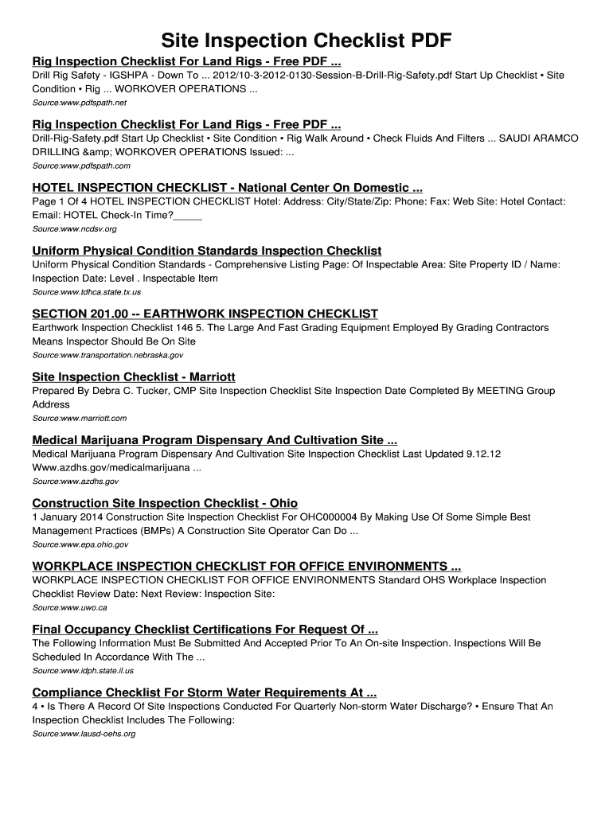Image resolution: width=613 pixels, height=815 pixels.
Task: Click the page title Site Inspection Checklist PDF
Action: pyautogui.click(x=306, y=41)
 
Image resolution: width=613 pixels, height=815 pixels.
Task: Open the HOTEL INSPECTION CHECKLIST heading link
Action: pyautogui.click(x=227, y=188)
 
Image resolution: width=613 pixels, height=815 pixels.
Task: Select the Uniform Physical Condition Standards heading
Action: pyautogui.click(x=206, y=251)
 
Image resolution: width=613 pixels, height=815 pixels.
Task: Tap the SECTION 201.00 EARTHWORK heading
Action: pyautogui.click(x=205, y=314)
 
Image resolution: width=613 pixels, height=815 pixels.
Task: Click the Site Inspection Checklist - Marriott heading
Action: pyautogui.click(x=133, y=376)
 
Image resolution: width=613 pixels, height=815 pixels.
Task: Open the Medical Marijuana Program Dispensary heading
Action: pyautogui.click(x=214, y=440)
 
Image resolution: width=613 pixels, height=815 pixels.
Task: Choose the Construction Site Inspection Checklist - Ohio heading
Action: pyautogui.click(x=165, y=503)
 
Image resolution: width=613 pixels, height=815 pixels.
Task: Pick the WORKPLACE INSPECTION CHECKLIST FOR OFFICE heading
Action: pyautogui.click(x=246, y=566)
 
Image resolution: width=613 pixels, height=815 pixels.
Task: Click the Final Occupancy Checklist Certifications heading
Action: pyautogui.click(x=205, y=630)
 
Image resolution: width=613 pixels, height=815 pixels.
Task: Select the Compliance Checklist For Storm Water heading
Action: pyautogui.click(x=204, y=692)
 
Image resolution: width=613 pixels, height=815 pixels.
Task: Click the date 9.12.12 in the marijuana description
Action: pyautogui.click(x=483, y=454)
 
